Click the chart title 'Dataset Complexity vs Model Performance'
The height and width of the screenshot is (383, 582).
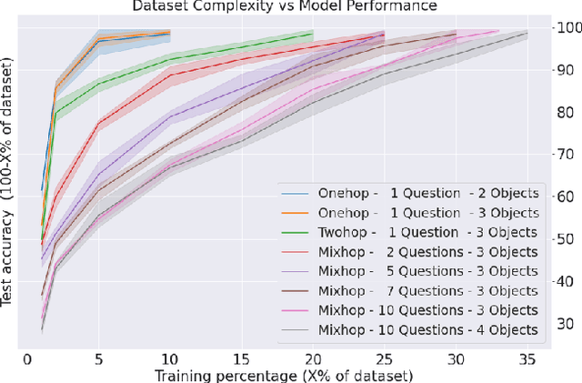[286, 6]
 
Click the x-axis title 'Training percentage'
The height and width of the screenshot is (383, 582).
[284, 375]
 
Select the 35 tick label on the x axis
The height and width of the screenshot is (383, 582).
[527, 359]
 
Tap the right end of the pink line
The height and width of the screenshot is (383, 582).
[498, 31]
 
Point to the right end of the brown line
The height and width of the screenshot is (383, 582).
[456, 34]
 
